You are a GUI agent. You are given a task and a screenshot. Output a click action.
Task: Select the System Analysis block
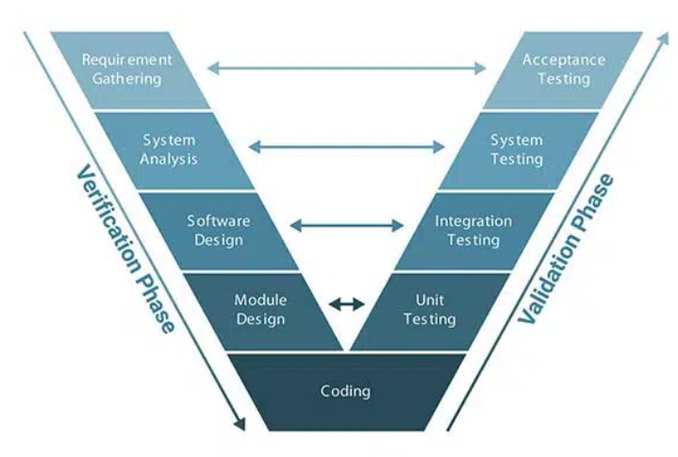169,150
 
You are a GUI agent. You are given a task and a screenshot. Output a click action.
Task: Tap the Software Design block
218,231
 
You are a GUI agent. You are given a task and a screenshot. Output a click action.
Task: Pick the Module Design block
260,310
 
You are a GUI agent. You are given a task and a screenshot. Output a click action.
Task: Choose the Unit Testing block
429,310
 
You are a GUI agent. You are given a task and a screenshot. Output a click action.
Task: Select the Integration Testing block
473,231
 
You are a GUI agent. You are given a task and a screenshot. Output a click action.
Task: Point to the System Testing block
517,150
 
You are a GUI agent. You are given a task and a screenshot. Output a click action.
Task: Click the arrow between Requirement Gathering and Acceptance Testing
347,68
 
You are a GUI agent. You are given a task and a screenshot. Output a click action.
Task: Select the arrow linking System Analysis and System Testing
347,146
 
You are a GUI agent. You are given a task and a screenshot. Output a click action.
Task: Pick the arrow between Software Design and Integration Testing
347,226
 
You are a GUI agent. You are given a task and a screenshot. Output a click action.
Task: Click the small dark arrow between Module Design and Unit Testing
346,303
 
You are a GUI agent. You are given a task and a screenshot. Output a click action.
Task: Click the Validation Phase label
567,251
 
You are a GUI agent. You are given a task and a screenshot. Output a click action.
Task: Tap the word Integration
473,221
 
